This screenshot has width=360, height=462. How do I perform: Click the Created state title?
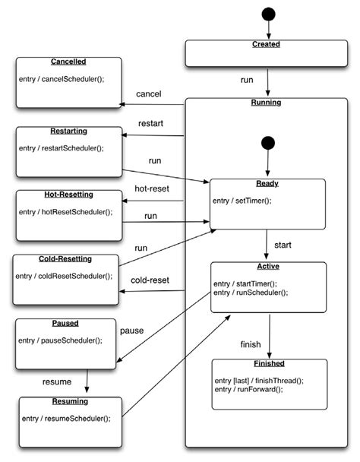(267, 45)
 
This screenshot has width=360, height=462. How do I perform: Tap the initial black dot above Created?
(267, 14)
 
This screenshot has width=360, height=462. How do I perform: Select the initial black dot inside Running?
(267, 143)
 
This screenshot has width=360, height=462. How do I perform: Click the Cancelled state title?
(68, 61)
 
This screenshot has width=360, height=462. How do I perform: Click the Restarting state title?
(69, 130)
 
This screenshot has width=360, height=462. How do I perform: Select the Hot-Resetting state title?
(69, 194)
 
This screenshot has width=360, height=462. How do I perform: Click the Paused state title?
(68, 323)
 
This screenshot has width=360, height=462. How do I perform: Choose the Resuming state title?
(70, 400)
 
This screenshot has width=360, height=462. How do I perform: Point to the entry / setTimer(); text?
(242, 201)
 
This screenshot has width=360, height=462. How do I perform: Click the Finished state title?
(269, 363)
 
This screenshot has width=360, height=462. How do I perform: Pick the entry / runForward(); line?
(248, 389)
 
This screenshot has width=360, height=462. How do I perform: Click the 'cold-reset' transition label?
(150, 280)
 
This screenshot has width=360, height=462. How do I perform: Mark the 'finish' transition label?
(251, 344)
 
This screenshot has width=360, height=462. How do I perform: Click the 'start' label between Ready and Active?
(283, 245)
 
